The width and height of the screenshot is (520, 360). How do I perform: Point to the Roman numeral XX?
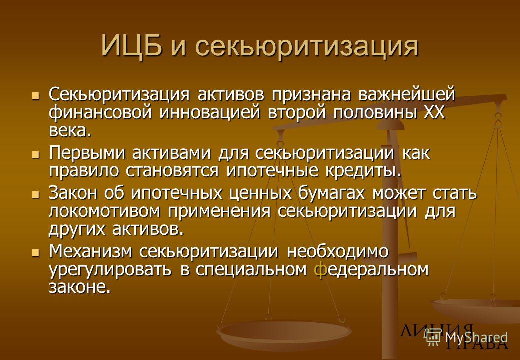click(434, 112)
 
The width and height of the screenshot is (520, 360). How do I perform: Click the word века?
click(69, 131)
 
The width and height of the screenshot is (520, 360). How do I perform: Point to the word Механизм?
click(91, 252)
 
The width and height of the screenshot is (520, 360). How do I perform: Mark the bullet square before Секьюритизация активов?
click(35, 96)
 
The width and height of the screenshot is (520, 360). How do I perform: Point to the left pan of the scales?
click(284, 331)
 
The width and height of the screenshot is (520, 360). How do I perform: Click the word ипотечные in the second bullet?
click(276, 171)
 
